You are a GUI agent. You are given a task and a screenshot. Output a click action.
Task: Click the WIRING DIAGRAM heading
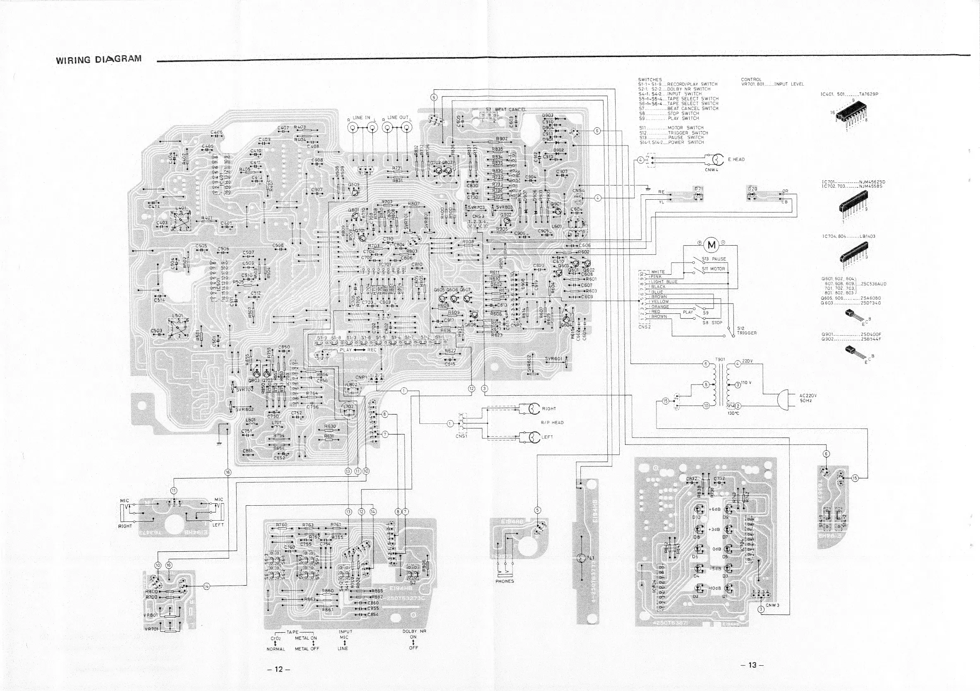[98, 59]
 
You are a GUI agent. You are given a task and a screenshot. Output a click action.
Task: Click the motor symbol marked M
[712, 245]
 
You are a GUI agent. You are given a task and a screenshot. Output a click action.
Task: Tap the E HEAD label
[736, 160]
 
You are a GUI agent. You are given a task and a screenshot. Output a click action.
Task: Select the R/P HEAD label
[552, 423]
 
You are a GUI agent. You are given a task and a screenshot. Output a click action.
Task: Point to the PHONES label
[505, 581]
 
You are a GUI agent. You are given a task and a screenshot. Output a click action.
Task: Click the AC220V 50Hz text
[808, 398]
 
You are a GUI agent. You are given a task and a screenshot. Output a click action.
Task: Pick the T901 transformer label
[720, 359]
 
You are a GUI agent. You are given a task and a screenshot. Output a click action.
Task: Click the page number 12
[278, 669]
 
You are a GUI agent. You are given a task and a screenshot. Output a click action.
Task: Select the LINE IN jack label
[361, 118]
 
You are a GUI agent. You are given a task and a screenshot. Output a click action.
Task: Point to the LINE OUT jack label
[398, 118]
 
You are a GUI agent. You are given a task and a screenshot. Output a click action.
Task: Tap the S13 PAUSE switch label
[716, 259]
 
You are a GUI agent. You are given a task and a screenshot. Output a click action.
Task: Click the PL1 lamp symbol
[582, 558]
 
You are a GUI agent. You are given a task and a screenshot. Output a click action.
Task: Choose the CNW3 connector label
[772, 605]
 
